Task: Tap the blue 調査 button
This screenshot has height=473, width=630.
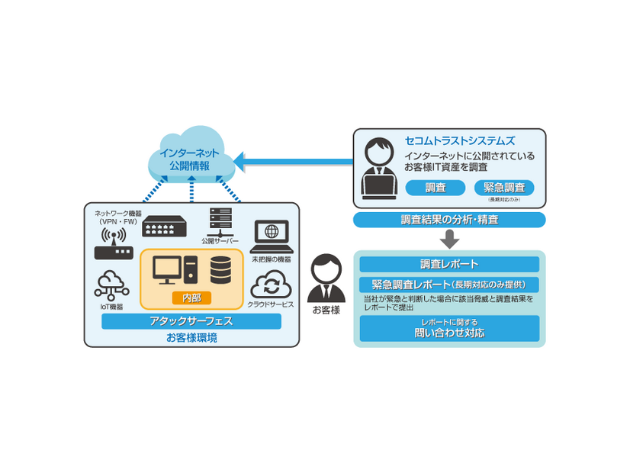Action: pyautogui.click(x=435, y=188)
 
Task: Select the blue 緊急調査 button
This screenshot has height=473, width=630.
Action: pyautogui.click(x=504, y=188)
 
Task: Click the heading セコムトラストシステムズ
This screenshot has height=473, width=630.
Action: pyautogui.click(x=460, y=141)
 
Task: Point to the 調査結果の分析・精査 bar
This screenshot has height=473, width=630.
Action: pyautogui.click(x=449, y=220)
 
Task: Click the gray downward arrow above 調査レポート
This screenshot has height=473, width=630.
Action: pyautogui.click(x=450, y=239)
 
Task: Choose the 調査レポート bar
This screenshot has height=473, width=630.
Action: pyautogui.click(x=449, y=264)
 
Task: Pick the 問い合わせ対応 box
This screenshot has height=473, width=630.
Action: pyautogui.click(x=449, y=328)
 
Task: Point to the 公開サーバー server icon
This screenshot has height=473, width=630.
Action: pyautogui.click(x=220, y=220)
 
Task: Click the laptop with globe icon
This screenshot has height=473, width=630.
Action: pyautogui.click(x=271, y=236)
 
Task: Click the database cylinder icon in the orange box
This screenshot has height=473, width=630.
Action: pyautogui.click(x=221, y=270)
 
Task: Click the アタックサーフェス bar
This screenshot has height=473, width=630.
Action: pyautogui.click(x=191, y=321)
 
